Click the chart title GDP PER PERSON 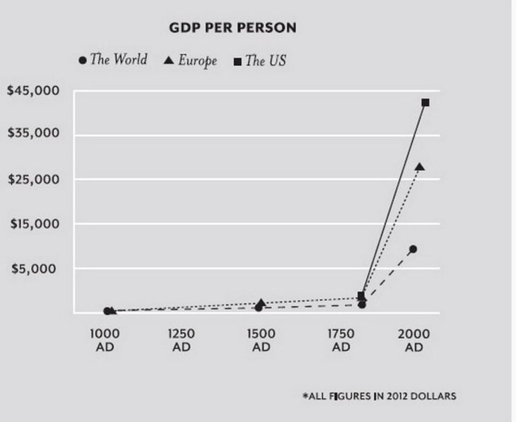(233, 28)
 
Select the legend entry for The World (112, 60)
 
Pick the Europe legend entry (191, 60)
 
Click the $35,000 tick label (32, 134)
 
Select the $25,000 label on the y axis (32, 179)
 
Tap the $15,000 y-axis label (32, 224)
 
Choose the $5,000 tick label (36, 269)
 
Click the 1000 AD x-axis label (101, 340)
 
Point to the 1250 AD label (181, 340)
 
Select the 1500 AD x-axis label (262, 340)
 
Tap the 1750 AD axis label (341, 340)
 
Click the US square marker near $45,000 (425, 103)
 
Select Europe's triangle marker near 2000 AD (420, 167)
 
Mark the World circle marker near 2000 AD (413, 249)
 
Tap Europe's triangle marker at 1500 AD (261, 303)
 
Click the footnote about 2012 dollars (379, 396)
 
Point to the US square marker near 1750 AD (361, 296)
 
